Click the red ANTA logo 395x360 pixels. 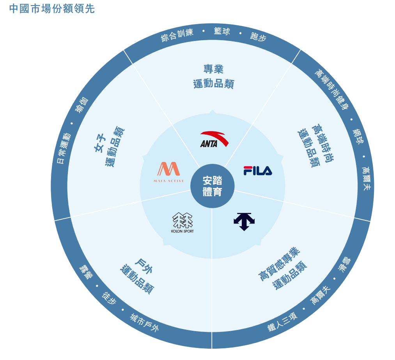click(214, 139)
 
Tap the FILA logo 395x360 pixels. click(258, 170)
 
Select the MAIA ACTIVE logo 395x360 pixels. click(168, 172)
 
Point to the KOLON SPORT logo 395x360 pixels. click(182, 222)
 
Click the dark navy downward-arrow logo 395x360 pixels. click(244, 221)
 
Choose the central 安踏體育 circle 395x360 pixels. click(213, 186)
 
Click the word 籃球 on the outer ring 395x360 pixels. click(222, 31)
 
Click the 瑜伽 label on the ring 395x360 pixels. click(82, 105)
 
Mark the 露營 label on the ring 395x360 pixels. click(85, 271)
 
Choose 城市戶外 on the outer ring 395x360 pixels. click(144, 323)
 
